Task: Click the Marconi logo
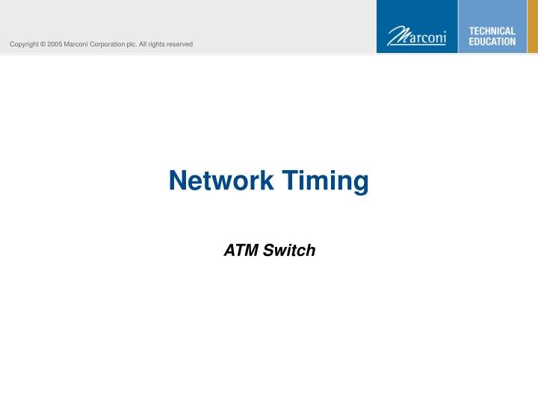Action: (x=416, y=35)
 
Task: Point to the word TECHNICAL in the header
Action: (x=492, y=31)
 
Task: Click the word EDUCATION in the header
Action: (x=492, y=42)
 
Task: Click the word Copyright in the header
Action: (x=24, y=45)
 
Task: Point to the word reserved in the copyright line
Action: (x=180, y=45)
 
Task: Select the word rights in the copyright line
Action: (x=158, y=45)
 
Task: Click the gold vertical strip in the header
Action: (x=533, y=26)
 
